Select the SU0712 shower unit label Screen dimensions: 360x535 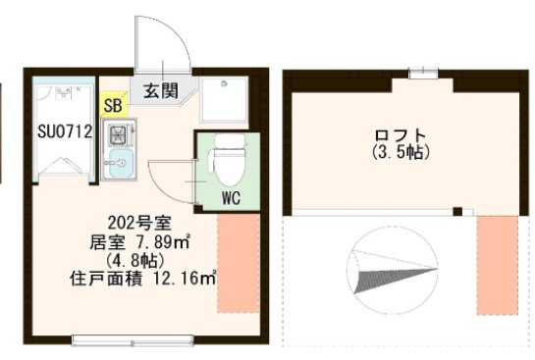click(x=65, y=129)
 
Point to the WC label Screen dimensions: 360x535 click(x=232, y=196)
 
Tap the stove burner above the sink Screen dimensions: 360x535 click(x=117, y=132)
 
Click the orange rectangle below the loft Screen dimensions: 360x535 click(x=497, y=265)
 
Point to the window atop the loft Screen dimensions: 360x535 click(x=423, y=71)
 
